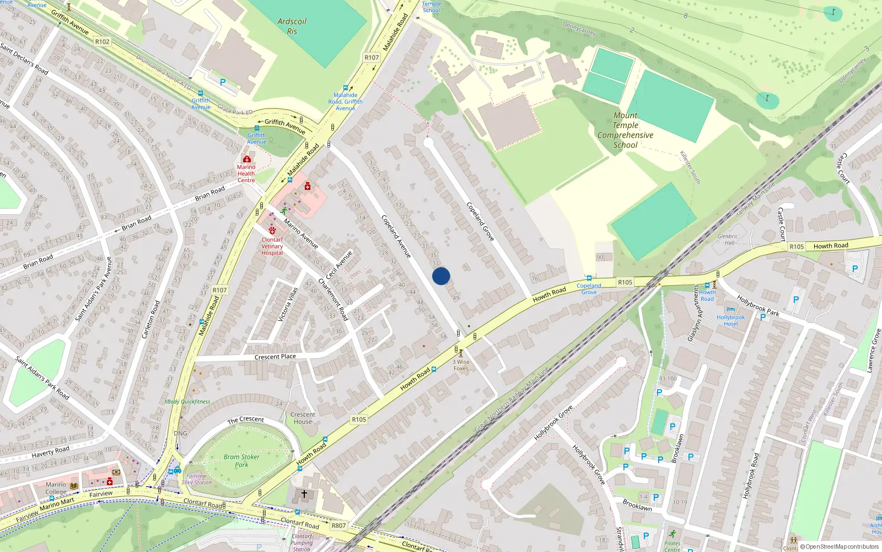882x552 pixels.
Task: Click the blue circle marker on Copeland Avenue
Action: (441, 276)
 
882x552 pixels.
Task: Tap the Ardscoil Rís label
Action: (292, 26)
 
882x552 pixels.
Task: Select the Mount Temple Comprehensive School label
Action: (625, 130)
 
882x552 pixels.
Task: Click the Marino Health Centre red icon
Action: (246, 160)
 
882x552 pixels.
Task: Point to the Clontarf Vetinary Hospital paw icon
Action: (272, 231)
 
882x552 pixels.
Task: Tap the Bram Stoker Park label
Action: (241, 460)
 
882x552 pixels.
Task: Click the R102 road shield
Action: (102, 41)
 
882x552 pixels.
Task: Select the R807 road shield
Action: (338, 526)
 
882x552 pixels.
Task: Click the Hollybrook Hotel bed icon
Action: (731, 310)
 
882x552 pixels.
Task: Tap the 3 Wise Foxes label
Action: (461, 365)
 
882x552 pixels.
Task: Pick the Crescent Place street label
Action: (275, 357)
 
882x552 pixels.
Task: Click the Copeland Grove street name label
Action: (480, 221)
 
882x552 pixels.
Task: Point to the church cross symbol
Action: (304, 494)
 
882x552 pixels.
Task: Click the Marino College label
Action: (56, 488)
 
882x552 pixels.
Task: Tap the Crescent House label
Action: (303, 418)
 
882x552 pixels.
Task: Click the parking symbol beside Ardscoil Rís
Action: (223, 82)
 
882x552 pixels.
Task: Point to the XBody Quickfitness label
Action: (187, 402)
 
